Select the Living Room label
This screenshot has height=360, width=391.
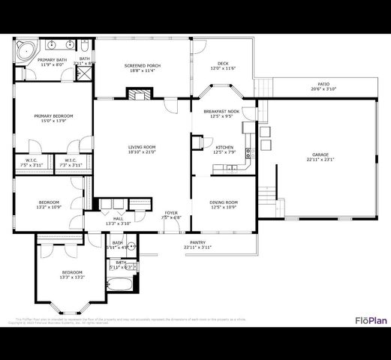(141, 147)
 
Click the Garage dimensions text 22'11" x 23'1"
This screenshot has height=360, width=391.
(320, 159)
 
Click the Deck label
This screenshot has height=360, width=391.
(223, 64)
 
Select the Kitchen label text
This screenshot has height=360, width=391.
(224, 147)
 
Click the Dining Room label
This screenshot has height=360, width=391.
(224, 202)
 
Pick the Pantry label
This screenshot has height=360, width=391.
(198, 242)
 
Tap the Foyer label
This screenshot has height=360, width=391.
(172, 213)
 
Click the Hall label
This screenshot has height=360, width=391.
(118, 218)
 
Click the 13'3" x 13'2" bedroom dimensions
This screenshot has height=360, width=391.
(72, 277)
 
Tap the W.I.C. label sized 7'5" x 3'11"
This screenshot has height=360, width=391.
(31, 164)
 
